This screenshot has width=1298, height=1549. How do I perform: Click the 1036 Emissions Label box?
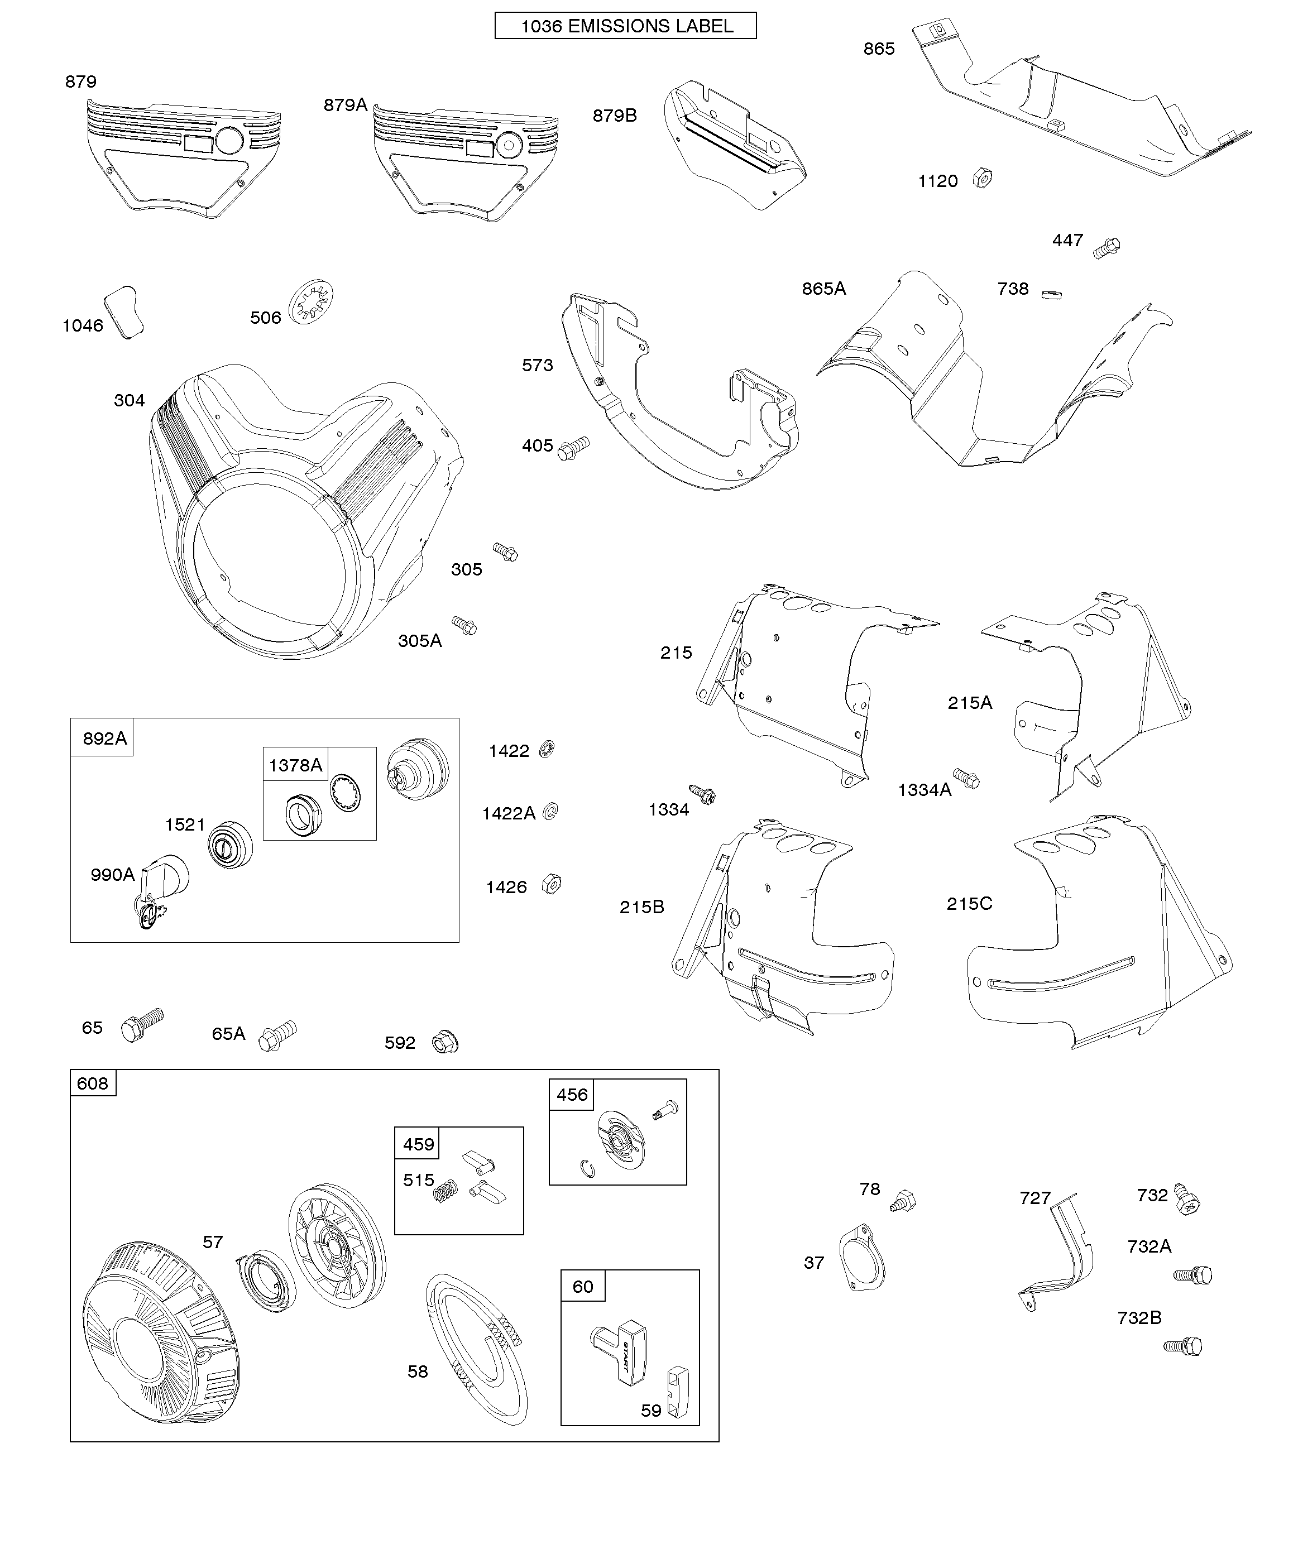pos(625,26)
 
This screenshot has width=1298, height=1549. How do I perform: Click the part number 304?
pos(129,401)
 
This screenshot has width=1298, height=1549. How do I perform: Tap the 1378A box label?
pos(295,765)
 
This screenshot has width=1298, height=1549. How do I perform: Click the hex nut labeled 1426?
pos(551,883)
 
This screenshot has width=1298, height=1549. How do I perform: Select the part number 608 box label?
pos(92,1083)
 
